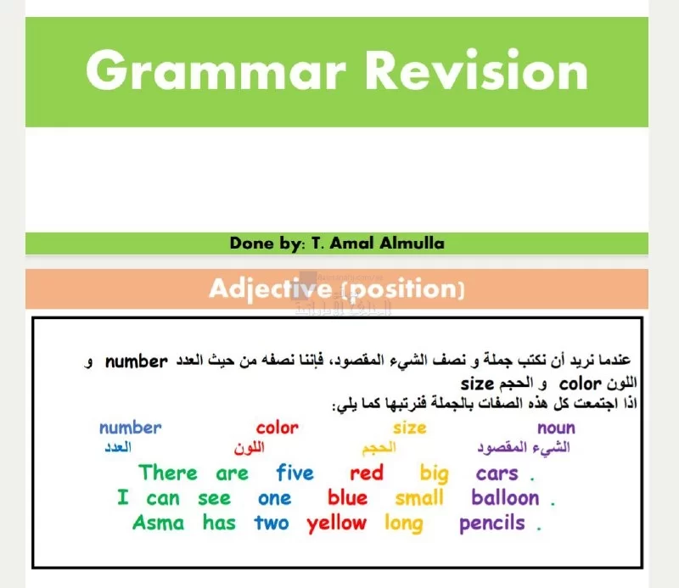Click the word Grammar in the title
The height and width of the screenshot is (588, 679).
click(216, 70)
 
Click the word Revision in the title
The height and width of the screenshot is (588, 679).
click(477, 70)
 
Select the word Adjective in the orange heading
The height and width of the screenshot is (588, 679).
click(270, 289)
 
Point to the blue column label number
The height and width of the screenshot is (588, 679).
click(131, 428)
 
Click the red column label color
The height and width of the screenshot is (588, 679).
click(278, 428)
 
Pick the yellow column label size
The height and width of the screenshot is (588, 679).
click(410, 428)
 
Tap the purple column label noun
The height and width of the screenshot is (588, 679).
click(557, 428)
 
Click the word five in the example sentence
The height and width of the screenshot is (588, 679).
click(295, 473)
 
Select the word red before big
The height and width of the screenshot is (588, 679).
click(367, 473)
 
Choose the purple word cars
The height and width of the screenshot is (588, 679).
click(497, 473)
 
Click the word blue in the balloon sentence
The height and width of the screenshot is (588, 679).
click(347, 497)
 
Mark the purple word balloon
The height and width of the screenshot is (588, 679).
click(505, 497)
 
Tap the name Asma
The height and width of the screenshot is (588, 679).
click(158, 523)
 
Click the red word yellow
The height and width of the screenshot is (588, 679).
click(336, 524)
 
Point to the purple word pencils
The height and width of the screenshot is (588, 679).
click(492, 524)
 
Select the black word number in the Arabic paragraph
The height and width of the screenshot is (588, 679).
click(137, 361)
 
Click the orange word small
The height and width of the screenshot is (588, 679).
click(419, 497)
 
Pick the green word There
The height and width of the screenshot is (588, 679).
click(168, 473)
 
